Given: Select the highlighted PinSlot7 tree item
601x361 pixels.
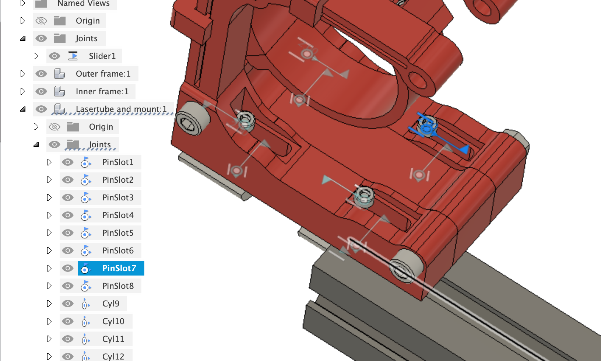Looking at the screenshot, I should [119, 268].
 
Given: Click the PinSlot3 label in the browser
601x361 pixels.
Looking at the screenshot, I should [118, 197].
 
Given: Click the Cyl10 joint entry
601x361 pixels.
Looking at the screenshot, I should [113, 321].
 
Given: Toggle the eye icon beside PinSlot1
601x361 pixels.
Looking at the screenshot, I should [68, 162].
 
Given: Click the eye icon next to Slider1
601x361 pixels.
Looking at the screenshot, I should [55, 56].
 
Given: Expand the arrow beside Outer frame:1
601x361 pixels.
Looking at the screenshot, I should [23, 74].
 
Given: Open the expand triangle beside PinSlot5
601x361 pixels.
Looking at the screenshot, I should [49, 233].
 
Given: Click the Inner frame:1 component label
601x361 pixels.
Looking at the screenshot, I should [102, 91].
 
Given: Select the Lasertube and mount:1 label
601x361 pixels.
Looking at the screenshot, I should [121, 109].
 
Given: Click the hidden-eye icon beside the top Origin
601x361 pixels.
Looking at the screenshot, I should [41, 21].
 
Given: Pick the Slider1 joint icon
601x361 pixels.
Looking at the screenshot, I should [73, 56].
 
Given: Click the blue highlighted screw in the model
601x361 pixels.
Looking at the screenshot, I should [427, 126].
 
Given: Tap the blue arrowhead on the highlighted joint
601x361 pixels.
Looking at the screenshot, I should [465, 149].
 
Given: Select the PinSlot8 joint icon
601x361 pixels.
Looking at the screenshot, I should [85, 286].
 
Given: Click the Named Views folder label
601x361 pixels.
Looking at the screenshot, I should [83, 4].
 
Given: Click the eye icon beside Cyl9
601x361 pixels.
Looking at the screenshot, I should [68, 304].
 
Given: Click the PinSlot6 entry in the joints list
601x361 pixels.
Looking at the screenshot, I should [118, 250].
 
